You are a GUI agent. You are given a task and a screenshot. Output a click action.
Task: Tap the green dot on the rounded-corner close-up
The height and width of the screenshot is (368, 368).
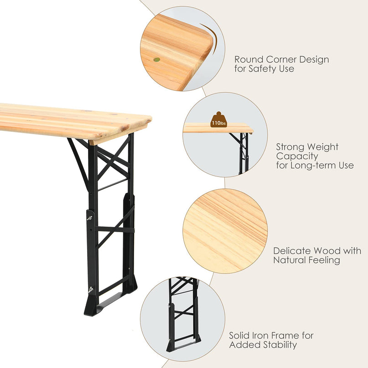tap(157, 60)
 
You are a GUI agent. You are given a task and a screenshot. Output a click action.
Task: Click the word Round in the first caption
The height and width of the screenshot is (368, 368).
tap(249, 59)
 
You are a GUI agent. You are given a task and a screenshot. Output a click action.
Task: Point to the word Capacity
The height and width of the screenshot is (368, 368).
tap(297, 156)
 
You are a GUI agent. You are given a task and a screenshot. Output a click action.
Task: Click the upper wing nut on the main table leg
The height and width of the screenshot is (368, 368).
tap(90, 218)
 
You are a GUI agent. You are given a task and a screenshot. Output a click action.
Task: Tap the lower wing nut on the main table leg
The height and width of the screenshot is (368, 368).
tap(91, 290)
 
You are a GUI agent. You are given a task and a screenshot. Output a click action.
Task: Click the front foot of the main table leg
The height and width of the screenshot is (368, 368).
tap(92, 306)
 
